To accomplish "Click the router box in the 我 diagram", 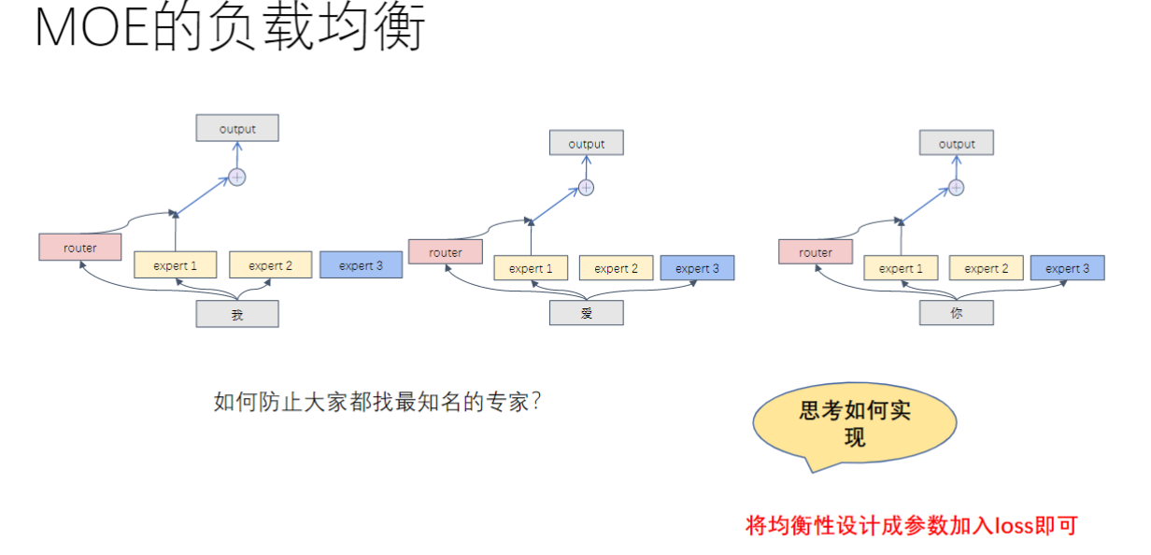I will coord(80,248).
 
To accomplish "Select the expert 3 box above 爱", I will coord(697,268).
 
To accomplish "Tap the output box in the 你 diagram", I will coord(956,144).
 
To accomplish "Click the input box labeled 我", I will coord(237,315).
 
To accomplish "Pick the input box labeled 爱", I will coord(586,314).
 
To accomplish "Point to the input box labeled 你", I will coord(956,314).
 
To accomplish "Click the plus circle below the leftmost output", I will coord(237,177).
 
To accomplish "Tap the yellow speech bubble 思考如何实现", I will coord(854,424).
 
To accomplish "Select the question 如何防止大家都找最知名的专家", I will coord(378,403).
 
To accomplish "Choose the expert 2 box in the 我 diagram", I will coord(270,265).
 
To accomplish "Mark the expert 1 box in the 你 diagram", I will coord(901,268).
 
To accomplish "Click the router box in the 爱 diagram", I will coord(446,252).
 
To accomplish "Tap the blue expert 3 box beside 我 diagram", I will coord(361,265).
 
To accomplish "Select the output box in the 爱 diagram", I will coord(586,144).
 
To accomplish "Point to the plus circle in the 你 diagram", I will coord(956,188).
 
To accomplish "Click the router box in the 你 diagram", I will coord(816,252).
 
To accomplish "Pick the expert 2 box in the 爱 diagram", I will coord(616,268).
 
